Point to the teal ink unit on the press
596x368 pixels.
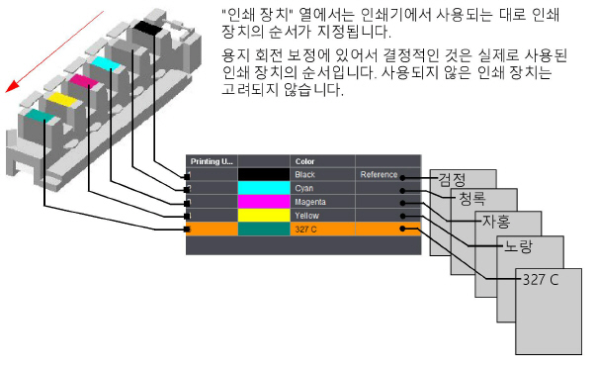click(39, 117)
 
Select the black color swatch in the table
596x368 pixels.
click(263, 175)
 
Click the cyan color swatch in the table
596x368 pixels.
click(263, 188)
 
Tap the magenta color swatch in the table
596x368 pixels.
click(263, 202)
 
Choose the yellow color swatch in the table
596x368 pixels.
click(263, 215)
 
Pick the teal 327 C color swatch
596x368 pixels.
click(263, 229)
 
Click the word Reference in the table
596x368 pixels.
click(379, 175)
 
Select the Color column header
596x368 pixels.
click(304, 160)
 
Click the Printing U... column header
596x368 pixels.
click(211, 160)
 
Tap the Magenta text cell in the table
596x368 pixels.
click(310, 202)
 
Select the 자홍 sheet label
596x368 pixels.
click(495, 223)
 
